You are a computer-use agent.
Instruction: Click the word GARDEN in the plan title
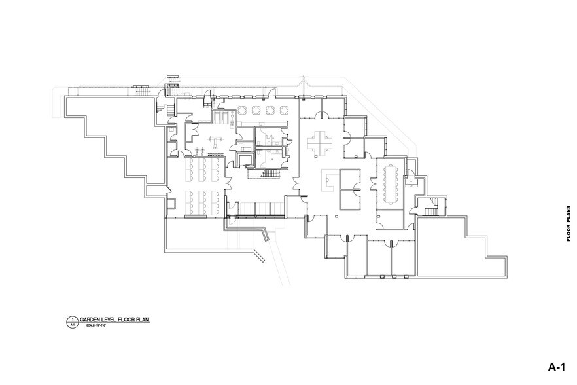pyautogui.click(x=92, y=319)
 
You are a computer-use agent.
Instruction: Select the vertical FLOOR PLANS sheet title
pyautogui.click(x=568, y=223)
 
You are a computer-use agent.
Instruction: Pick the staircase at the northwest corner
pyautogui.click(x=165, y=108)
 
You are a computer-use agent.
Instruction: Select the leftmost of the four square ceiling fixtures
pyautogui.click(x=241, y=109)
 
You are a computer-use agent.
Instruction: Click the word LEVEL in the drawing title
pyautogui.click(x=111, y=319)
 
